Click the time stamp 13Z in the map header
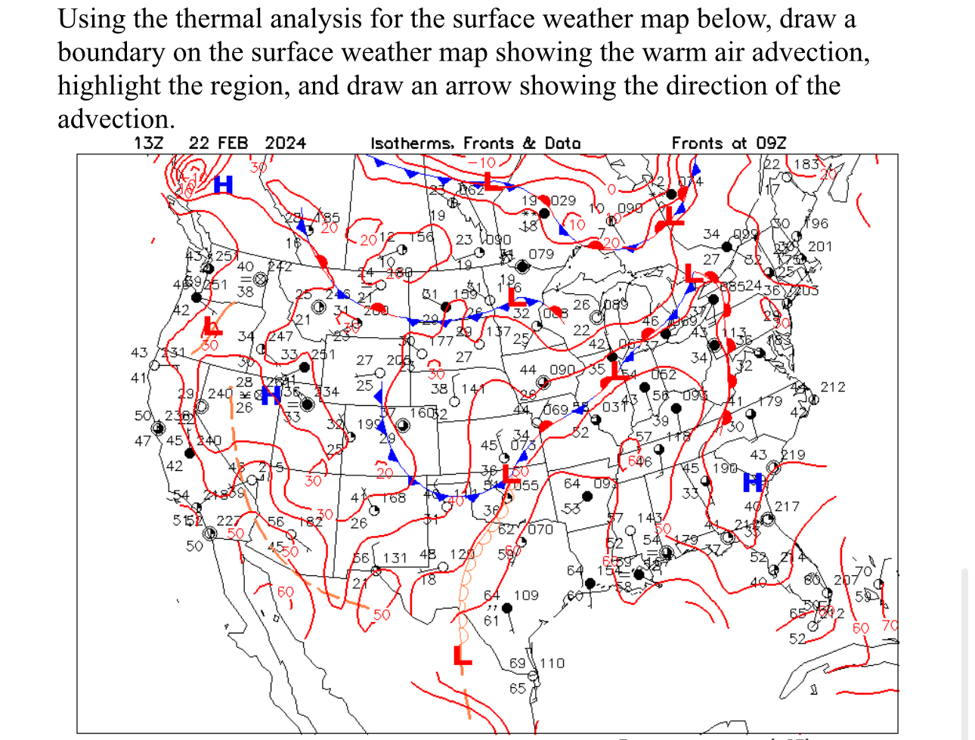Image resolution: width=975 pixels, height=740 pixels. point(148,143)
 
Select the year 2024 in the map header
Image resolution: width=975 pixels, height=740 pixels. point(285,143)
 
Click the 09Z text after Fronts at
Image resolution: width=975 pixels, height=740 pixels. point(771,143)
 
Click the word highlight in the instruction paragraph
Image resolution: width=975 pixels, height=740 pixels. point(109,85)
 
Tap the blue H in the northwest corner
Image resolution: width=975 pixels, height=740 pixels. point(223,184)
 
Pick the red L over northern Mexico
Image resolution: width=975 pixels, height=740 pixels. point(462,655)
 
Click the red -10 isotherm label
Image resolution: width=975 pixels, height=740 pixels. point(481,163)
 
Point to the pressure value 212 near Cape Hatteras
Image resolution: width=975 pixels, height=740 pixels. point(832,387)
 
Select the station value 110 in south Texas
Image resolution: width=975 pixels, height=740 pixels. point(552,663)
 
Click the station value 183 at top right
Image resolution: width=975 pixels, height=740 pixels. point(806,164)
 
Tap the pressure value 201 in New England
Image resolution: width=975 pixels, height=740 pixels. point(819,246)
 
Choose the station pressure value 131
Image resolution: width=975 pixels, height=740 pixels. point(395,558)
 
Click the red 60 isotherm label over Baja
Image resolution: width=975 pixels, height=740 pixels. point(285,592)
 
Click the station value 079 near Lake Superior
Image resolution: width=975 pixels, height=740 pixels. point(541,254)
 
